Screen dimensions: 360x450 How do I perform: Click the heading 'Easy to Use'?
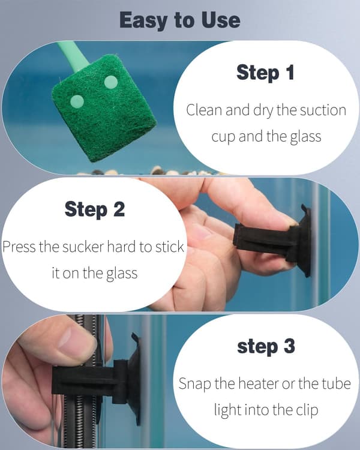click(180, 20)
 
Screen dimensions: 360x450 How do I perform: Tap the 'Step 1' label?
click(266, 73)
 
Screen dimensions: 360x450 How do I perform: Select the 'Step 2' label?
click(95, 209)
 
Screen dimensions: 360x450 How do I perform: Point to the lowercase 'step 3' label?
click(266, 346)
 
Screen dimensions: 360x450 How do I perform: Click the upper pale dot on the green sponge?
click(111, 82)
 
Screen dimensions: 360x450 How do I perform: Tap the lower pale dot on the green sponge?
click(77, 102)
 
